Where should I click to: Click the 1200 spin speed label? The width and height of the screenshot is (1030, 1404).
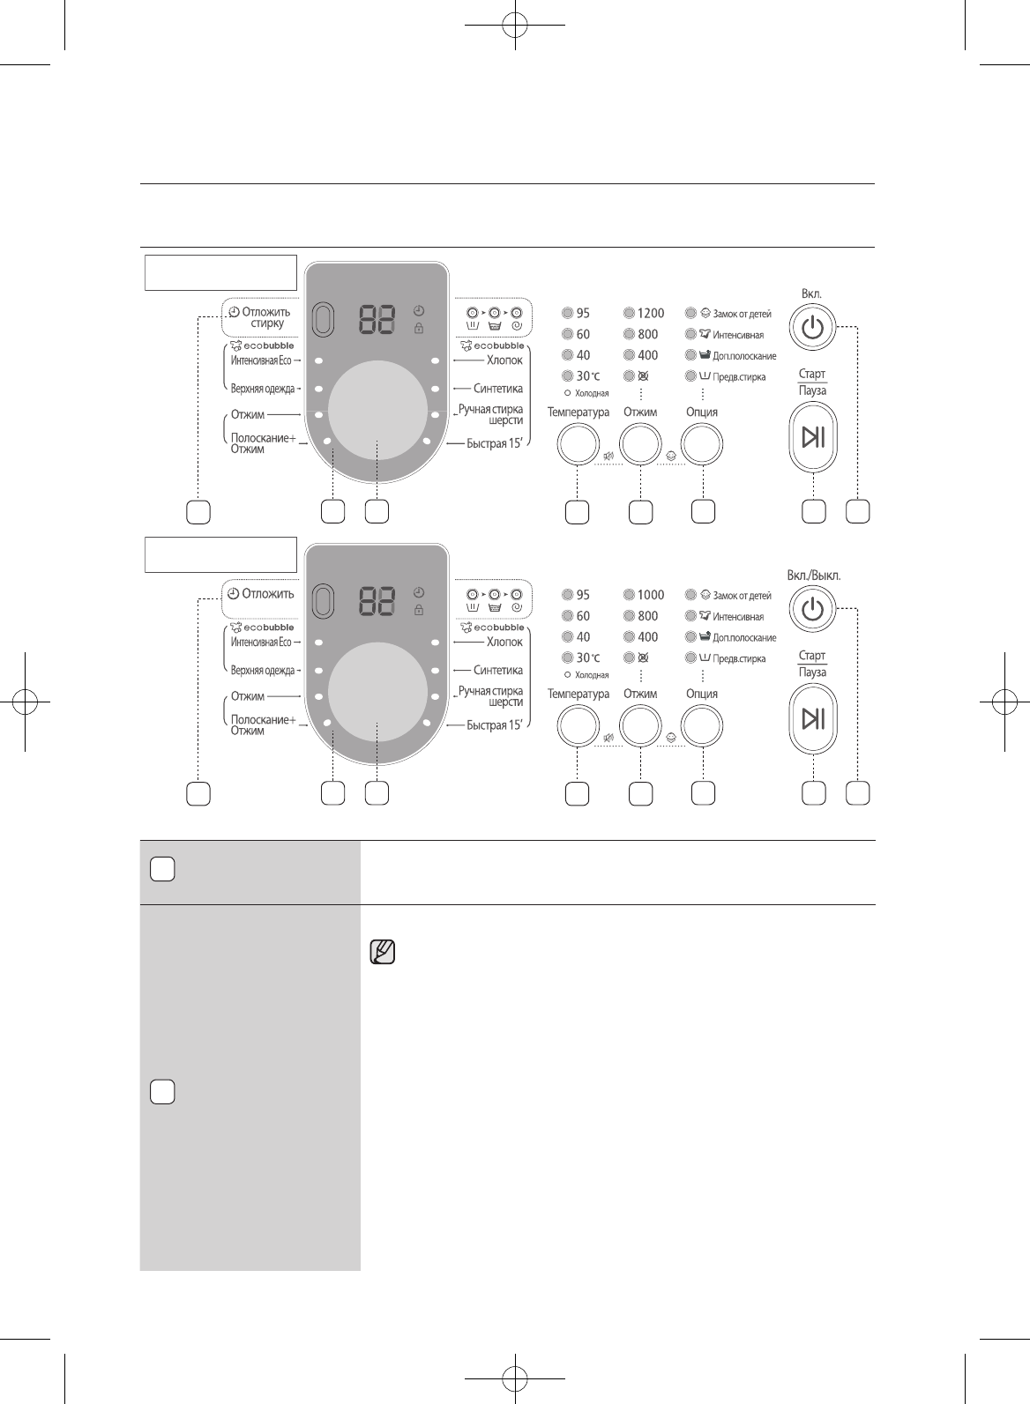(x=651, y=313)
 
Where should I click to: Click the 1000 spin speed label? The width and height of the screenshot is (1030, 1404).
(x=651, y=595)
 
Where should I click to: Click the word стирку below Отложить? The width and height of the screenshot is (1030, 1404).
(x=267, y=323)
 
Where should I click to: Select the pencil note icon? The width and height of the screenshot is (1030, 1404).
(x=382, y=952)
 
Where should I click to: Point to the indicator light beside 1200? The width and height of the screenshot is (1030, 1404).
(x=629, y=313)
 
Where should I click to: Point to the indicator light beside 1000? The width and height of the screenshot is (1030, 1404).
(x=629, y=595)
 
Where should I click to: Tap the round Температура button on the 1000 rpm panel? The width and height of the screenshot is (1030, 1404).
(x=578, y=727)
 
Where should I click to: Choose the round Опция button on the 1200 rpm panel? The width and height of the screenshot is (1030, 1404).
(x=703, y=445)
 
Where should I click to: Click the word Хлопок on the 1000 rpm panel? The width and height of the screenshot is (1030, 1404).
(x=504, y=642)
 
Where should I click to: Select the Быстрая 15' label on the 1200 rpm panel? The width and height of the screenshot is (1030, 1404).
(x=495, y=443)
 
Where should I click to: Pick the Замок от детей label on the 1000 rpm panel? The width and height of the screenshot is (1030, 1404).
(x=742, y=596)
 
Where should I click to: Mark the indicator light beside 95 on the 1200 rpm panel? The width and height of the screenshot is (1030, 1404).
(x=567, y=313)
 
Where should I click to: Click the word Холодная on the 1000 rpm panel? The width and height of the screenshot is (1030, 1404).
(x=592, y=675)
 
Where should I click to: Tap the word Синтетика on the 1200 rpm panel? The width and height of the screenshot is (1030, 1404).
(x=498, y=389)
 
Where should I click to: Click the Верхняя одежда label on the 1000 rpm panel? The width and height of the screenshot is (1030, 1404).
(x=263, y=671)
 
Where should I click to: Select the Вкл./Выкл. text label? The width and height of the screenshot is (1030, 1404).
(x=813, y=576)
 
